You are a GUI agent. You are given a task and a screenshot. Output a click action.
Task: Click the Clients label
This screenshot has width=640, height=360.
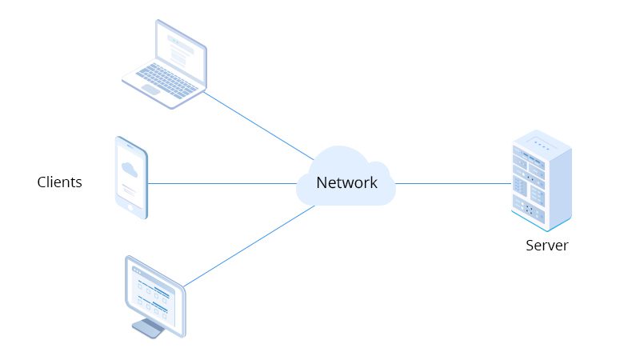[59, 182]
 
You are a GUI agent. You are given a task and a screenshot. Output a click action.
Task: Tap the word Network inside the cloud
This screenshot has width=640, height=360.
[346, 182]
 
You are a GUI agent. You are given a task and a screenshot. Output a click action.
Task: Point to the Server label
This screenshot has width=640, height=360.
[547, 246]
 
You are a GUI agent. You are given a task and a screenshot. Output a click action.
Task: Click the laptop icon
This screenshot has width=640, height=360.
[165, 65]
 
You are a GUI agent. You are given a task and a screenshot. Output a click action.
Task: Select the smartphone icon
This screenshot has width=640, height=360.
[131, 178]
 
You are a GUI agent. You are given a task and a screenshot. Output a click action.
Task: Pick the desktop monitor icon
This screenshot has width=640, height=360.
[155, 297]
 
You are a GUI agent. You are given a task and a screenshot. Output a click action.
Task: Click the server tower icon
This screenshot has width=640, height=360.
[542, 181]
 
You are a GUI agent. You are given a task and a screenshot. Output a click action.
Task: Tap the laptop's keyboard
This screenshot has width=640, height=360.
[166, 80]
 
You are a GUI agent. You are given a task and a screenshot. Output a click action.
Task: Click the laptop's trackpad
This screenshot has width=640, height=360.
[150, 90]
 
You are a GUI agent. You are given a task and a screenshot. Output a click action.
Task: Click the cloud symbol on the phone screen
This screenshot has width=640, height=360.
[130, 170]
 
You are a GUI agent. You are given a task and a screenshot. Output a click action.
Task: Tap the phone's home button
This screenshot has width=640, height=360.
[130, 208]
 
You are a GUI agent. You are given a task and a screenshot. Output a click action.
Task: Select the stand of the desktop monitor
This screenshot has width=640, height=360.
[149, 328]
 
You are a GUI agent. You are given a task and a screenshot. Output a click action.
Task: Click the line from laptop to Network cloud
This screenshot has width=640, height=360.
[258, 126]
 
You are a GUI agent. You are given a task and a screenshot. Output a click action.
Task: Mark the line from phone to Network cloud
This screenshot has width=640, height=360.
[222, 184]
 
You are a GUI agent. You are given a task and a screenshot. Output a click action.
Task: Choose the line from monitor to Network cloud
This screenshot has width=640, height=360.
[249, 246]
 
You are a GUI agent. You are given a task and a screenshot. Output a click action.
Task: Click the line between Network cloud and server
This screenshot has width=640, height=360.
[453, 184]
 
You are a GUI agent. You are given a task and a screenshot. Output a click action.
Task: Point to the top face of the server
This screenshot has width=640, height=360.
[542, 143]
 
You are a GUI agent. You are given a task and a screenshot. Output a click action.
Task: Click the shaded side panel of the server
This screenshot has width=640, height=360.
[560, 188]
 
